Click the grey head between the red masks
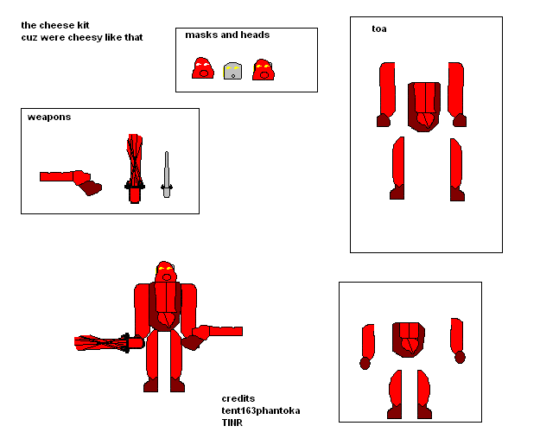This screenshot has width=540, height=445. click(x=232, y=71)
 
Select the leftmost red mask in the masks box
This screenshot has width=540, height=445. click(x=203, y=68)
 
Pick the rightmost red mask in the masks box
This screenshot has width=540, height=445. click(x=263, y=69)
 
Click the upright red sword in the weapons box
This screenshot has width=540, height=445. click(x=134, y=168)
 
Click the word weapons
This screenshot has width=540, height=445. click(x=49, y=117)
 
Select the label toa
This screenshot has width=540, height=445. click(x=378, y=29)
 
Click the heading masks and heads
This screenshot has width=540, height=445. click(x=227, y=35)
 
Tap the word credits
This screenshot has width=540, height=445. click(x=238, y=398)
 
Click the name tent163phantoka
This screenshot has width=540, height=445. click(x=261, y=410)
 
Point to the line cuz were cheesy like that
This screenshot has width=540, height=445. click(x=82, y=37)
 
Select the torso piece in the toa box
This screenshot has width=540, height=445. click(x=424, y=106)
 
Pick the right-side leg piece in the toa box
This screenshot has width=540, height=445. click(x=455, y=168)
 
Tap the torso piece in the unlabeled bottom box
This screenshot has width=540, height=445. click(x=409, y=339)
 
